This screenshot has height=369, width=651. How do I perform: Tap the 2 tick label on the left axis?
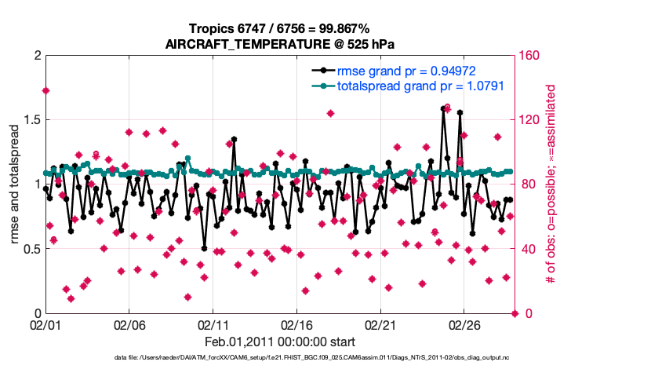[x=36, y=56]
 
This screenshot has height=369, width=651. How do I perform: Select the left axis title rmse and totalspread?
[x=15, y=184]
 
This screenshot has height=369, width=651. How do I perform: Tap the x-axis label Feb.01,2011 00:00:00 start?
[x=280, y=342]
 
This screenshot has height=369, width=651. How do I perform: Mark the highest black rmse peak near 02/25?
[x=444, y=109]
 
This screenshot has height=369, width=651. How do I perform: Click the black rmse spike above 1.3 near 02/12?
[x=234, y=139]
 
